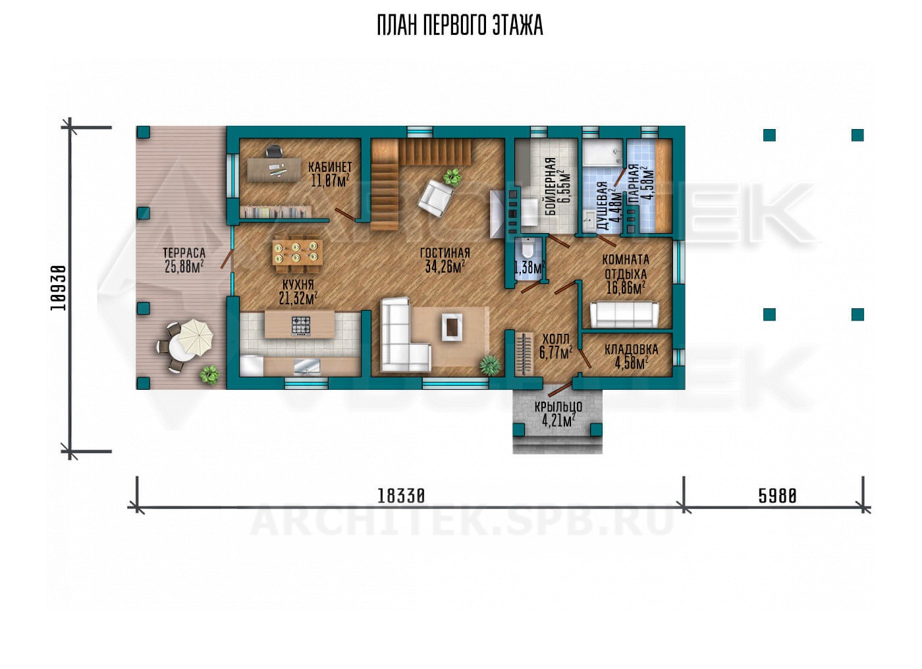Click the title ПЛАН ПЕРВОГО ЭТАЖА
460,26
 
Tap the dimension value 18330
401,496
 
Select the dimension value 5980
778,496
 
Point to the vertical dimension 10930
58,288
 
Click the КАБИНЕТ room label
330,167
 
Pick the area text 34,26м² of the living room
445,267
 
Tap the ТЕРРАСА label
184,253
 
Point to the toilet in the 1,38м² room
527,248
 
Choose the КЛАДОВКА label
631,350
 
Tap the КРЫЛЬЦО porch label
558,407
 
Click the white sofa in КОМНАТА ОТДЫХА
624,314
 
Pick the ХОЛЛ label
556,339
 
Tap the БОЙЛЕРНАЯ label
551,186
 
